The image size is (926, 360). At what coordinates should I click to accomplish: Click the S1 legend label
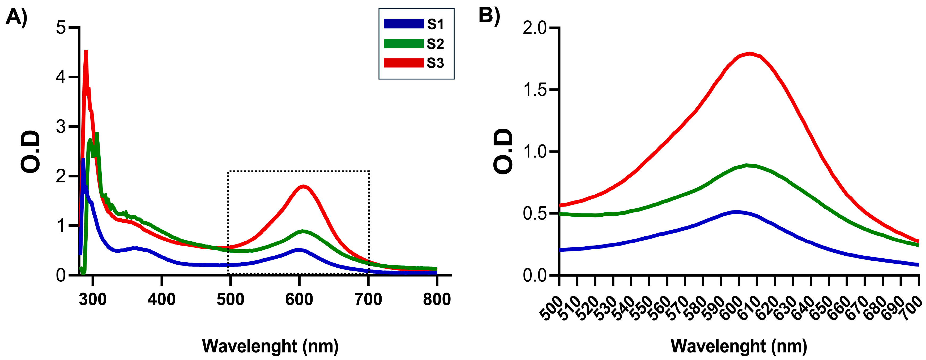click(x=435, y=24)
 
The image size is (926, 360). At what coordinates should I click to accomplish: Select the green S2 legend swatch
click(x=403, y=44)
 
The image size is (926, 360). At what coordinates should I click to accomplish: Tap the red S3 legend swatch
click(x=403, y=63)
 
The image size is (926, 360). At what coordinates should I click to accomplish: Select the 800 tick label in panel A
click(x=437, y=299)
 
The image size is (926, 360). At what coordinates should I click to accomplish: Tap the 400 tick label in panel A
click(x=161, y=299)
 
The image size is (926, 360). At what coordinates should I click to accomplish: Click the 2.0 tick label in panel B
click(x=535, y=28)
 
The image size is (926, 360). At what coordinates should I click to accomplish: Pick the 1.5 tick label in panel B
click(x=535, y=90)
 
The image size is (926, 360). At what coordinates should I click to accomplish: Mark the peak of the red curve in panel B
click(x=749, y=54)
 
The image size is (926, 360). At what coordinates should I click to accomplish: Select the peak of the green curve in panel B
click(x=747, y=165)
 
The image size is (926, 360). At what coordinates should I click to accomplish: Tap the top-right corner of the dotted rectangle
click(x=369, y=172)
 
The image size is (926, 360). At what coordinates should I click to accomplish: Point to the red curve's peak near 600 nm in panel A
click(x=303, y=186)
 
